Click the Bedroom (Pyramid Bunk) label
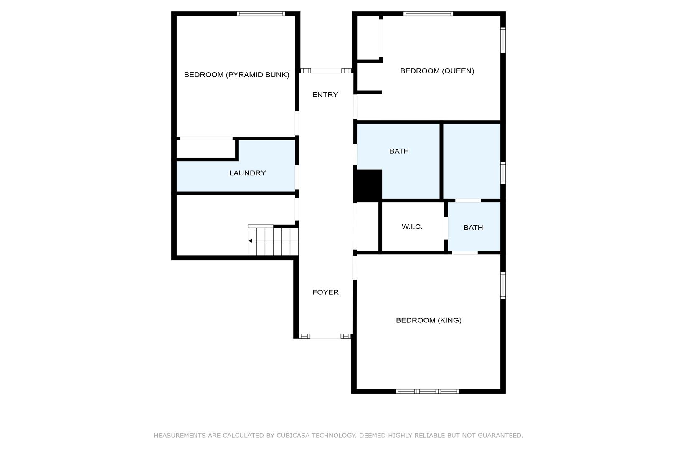[237, 75]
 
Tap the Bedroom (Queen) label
[437, 71]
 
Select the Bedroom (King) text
[429, 320]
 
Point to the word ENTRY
[325, 95]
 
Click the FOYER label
[325, 292]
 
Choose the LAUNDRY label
[248, 173]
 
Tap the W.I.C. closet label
[412, 227]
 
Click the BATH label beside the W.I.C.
[473, 228]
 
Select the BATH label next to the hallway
[399, 151]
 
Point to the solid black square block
[368, 185]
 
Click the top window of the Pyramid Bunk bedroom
[261, 14]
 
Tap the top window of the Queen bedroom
[428, 14]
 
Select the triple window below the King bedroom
[428, 391]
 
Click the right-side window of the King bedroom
[503, 286]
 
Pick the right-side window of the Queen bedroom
[503, 40]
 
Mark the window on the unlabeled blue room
[503, 173]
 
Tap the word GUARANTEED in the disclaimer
[500, 436]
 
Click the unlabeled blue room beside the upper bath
[472, 161]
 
